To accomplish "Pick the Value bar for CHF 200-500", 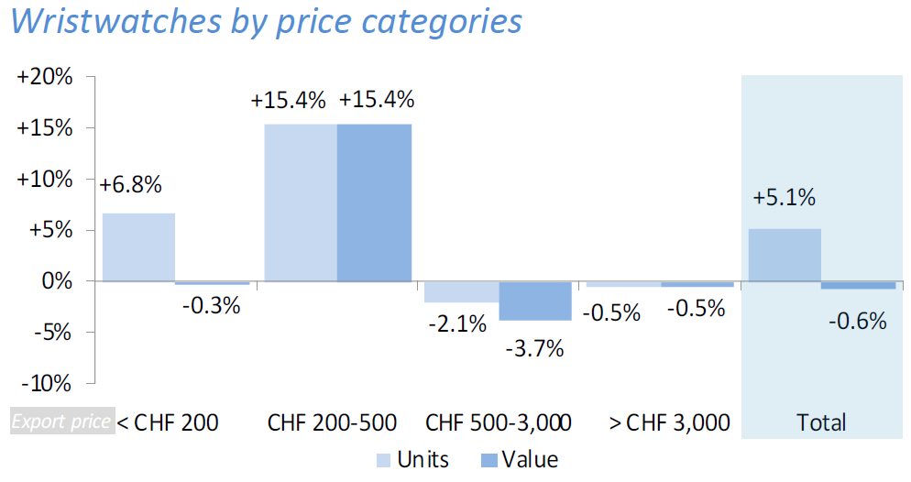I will tap(374, 203).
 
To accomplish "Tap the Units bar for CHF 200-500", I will tap(301, 203).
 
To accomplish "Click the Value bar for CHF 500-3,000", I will tap(535, 301).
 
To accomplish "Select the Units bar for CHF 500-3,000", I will tap(461, 291).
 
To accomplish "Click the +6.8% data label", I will tap(131, 185).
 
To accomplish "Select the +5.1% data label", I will tap(784, 199).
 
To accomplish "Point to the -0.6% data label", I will tap(858, 321).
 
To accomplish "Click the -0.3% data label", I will tap(211, 306).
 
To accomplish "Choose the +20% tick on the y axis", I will tap(45, 77).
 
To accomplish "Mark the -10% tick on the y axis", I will tap(47, 383).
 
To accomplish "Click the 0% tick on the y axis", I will tap(57, 281).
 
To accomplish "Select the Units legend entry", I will tap(412, 459).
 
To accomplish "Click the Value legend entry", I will tap(518, 459).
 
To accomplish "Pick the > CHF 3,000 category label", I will tap(669, 422).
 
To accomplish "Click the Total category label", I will tap(821, 422).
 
